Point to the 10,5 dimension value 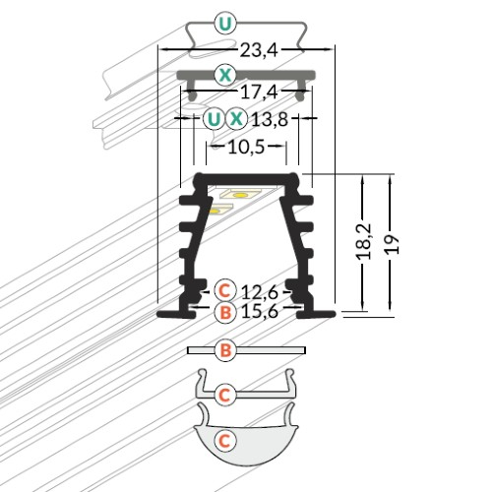(x=246, y=149)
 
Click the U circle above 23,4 (x=225, y=23)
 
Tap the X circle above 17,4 (x=225, y=74)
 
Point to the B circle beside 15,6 (x=224, y=313)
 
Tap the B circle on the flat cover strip (x=224, y=349)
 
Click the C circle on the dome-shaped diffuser (x=224, y=440)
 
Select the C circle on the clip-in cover (x=224, y=395)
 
